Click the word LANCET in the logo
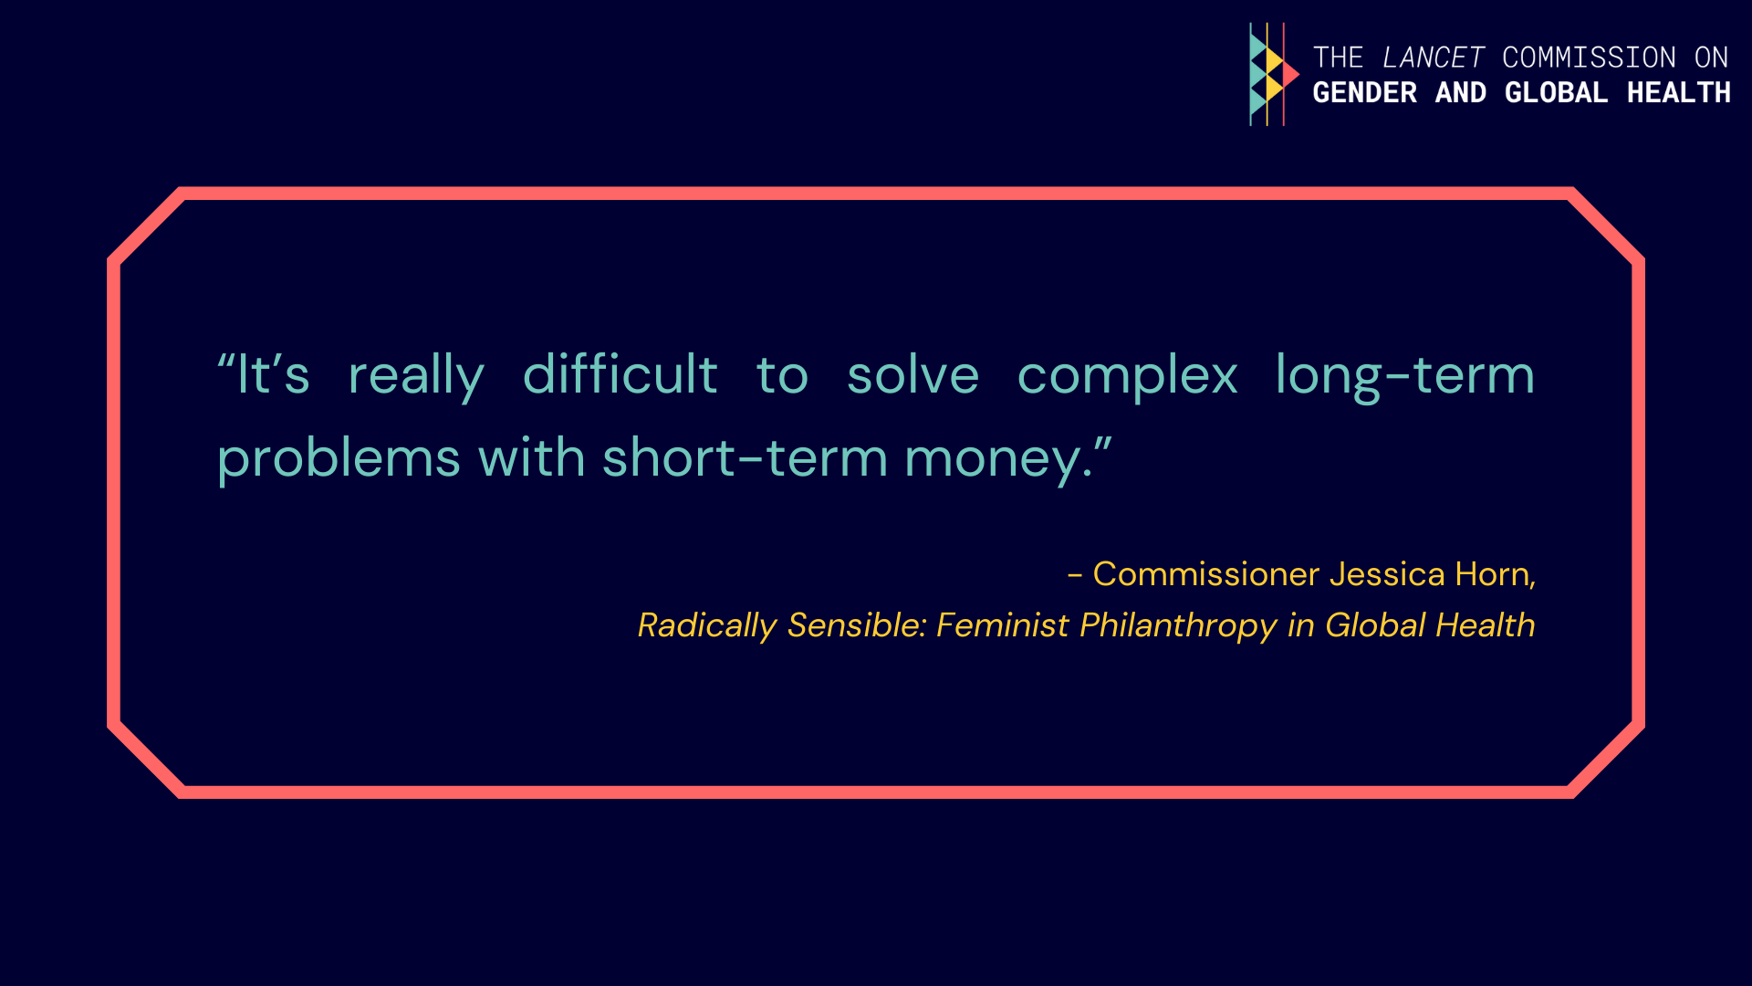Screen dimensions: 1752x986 [x=1434, y=58]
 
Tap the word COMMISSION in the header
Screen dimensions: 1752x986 [x=1589, y=58]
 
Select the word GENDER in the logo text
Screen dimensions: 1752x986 [x=1364, y=92]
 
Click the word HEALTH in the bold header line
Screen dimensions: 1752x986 [x=1679, y=92]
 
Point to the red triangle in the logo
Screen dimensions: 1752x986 [x=1289, y=74]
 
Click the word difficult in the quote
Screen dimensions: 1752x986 [x=620, y=374]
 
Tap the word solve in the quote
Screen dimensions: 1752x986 [x=912, y=374]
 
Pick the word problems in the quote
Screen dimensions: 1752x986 [x=339, y=459]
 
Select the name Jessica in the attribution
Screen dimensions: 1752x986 [x=1387, y=574]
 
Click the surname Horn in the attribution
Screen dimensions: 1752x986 [x=1493, y=574]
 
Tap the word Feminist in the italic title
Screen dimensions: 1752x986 [x=1002, y=625]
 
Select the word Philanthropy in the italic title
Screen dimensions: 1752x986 [x=1178, y=626]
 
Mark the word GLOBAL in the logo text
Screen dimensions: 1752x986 [x=1556, y=92]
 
